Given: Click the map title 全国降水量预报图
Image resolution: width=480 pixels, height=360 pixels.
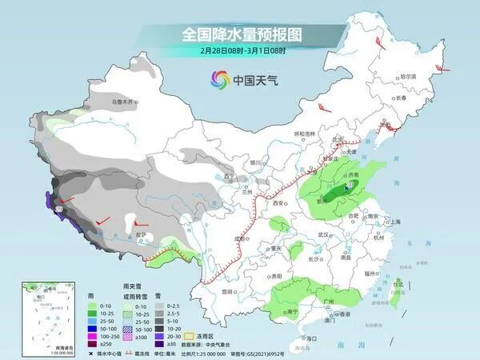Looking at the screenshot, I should pyautogui.click(x=240, y=34).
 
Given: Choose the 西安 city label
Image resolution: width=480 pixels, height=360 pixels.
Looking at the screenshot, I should pyautogui.click(x=279, y=204).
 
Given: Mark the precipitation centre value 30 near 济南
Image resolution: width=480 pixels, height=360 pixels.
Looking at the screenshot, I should pyautogui.click(x=349, y=185).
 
